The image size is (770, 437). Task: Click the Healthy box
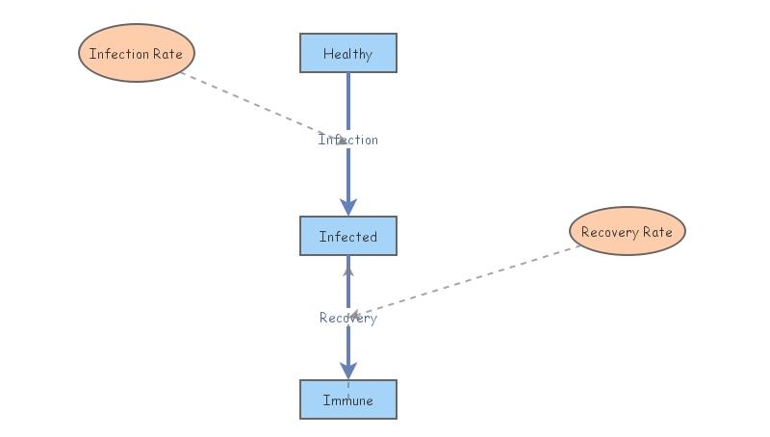[347, 53]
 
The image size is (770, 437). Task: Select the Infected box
[347, 236]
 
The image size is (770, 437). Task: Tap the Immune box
[347, 399]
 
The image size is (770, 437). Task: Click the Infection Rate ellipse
[136, 53]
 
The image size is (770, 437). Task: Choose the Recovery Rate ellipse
[627, 231]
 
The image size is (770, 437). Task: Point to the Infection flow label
[348, 140]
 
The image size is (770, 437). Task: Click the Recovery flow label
[348, 318]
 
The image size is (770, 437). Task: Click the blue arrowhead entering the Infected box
[348, 206]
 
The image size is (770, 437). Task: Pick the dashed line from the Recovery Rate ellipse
[472, 278]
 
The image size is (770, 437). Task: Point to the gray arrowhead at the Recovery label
[354, 315]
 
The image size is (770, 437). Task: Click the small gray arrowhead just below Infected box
[348, 272]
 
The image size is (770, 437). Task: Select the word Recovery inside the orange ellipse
[609, 232]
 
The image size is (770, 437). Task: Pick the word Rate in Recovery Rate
[657, 232]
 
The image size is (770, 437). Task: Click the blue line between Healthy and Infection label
[348, 101]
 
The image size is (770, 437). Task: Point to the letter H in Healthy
[327, 54]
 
